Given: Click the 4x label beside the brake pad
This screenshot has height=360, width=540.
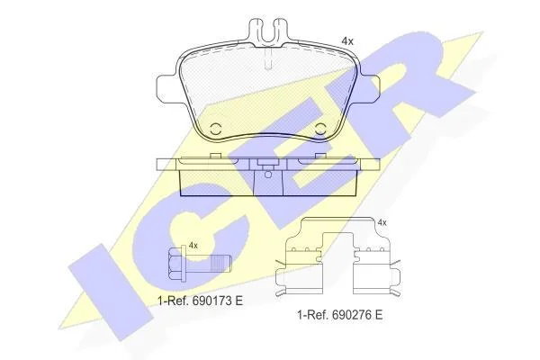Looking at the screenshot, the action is [347, 41].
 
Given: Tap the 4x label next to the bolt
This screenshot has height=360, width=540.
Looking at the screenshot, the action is [193, 246].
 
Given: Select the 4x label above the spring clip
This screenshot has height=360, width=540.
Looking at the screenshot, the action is [382, 223].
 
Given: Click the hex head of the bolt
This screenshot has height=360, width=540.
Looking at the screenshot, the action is [176, 265].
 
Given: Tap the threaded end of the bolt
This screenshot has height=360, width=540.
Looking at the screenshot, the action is [220, 265].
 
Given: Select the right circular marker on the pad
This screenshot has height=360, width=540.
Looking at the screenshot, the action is [321, 130].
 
